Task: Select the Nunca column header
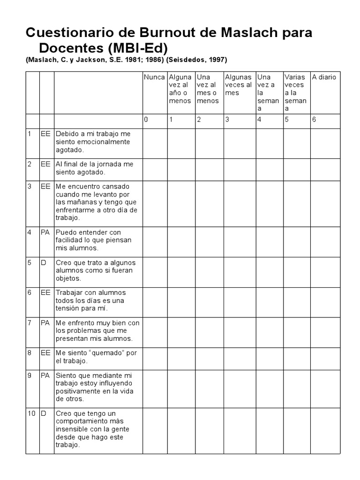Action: tap(154, 77)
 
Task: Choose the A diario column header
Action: tap(324, 77)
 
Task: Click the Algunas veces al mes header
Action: tap(238, 85)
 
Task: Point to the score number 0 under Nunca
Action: tap(146, 120)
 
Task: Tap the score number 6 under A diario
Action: tap(314, 120)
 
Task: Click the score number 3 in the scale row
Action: tap(227, 120)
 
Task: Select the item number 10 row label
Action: tap(31, 413)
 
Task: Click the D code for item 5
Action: tap(44, 262)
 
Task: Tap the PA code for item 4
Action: tap(45, 232)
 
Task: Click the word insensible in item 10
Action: tap(74, 429)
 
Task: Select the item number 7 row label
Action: tap(29, 322)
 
